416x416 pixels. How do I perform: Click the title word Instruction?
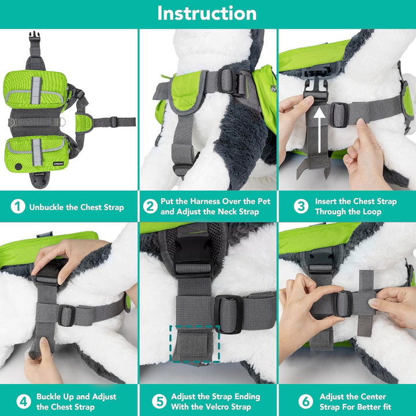(207, 13)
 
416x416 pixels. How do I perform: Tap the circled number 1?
(18, 206)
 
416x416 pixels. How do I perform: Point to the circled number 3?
(300, 206)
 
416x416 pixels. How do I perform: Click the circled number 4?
(23, 402)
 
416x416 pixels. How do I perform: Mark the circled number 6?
(304, 402)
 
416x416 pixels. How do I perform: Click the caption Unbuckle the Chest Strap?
(76, 207)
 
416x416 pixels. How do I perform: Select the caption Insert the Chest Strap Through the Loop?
(355, 206)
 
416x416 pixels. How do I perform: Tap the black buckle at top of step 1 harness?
(35, 38)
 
